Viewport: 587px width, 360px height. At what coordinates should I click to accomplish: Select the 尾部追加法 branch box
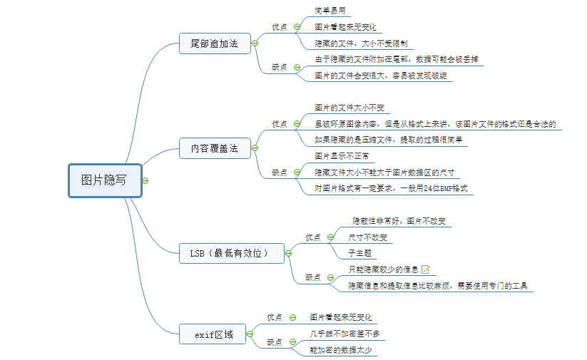[215, 43]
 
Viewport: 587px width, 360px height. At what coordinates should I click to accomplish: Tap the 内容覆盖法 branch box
[215, 150]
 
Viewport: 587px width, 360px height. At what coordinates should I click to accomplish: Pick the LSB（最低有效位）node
[233, 252]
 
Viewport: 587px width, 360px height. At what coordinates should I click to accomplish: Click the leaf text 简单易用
[331, 11]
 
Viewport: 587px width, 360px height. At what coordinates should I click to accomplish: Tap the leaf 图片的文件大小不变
[349, 108]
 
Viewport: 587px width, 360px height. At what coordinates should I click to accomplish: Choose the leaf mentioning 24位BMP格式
[390, 188]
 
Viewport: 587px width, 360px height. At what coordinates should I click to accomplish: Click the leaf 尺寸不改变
[368, 237]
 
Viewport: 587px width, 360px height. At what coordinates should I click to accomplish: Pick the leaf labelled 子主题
[359, 253]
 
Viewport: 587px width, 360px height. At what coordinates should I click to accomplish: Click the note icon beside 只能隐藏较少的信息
[426, 269]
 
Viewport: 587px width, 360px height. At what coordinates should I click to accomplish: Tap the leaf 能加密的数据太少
[340, 349]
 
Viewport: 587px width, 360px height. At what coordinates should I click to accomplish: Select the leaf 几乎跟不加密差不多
[344, 333]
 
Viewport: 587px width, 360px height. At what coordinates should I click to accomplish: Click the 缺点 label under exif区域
[275, 341]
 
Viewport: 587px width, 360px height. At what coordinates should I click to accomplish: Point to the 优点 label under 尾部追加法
[280, 27]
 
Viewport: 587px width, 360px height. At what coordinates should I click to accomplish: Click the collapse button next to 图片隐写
[146, 180]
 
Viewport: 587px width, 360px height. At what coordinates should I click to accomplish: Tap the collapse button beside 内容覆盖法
[255, 148]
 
